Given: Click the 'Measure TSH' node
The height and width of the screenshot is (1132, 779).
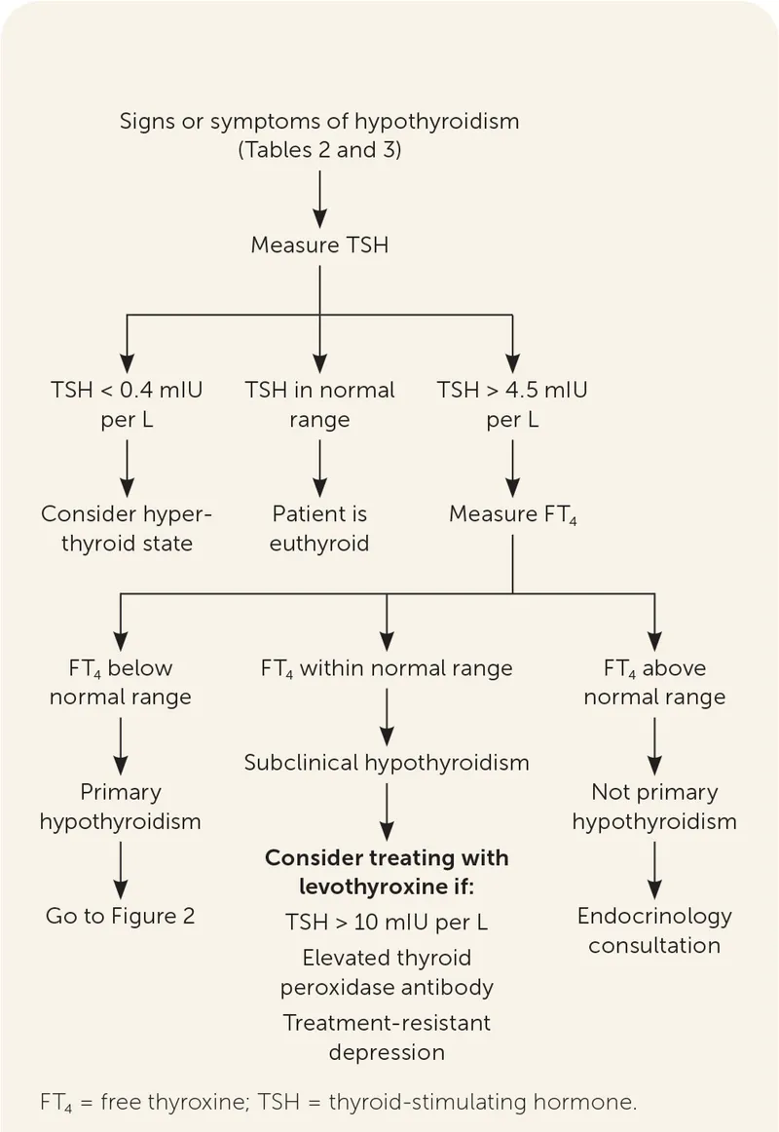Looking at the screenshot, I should pyautogui.click(x=319, y=245).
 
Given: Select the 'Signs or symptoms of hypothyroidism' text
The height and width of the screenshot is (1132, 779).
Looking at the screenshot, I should pyautogui.click(x=319, y=122).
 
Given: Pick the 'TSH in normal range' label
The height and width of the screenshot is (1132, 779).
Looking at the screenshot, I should pyautogui.click(x=319, y=406).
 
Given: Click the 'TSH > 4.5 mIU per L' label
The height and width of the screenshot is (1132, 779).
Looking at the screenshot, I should pyautogui.click(x=512, y=406).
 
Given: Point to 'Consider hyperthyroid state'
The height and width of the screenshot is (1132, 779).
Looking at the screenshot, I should pyautogui.click(x=126, y=528).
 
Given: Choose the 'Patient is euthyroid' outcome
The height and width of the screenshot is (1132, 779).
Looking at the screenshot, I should pyautogui.click(x=319, y=528).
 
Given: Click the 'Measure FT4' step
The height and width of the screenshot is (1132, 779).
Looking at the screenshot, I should pyautogui.click(x=512, y=514).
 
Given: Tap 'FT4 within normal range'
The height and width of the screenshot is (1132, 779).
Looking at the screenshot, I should pyautogui.click(x=387, y=669).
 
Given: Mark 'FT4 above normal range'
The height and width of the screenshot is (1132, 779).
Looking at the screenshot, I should pyautogui.click(x=654, y=683).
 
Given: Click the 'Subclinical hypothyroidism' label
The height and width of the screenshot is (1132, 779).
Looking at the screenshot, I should pyautogui.click(x=387, y=762).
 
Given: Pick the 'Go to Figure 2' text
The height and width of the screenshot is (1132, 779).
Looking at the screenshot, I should pyautogui.click(x=121, y=916).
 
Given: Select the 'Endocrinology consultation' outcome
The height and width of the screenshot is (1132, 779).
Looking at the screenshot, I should pyautogui.click(x=654, y=930).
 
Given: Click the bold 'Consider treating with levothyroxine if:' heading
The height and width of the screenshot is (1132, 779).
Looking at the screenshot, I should pyautogui.click(x=387, y=872).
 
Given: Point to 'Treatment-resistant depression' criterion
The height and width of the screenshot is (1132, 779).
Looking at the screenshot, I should pyautogui.click(x=387, y=1038).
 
